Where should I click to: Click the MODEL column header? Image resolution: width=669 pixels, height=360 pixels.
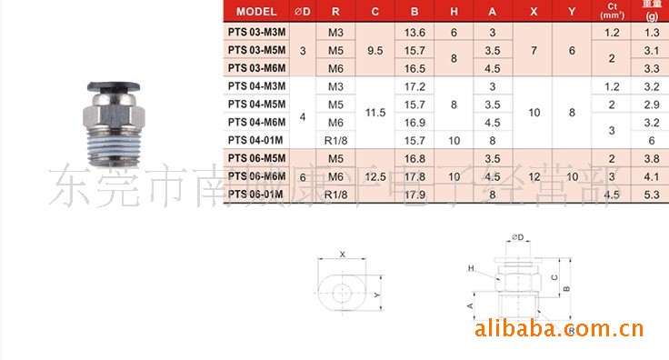point(256,12)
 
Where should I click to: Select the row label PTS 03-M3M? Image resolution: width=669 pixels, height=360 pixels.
point(255,32)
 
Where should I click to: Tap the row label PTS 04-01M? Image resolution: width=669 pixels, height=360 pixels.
point(255,140)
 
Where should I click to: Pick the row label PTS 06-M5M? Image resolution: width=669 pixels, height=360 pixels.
point(255,158)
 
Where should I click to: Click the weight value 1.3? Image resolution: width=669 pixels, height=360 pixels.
point(650,32)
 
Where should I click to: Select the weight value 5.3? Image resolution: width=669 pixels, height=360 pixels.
point(650,194)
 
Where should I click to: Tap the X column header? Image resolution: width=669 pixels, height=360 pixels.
point(534,12)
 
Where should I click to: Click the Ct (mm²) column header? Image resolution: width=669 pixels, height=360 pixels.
point(611,12)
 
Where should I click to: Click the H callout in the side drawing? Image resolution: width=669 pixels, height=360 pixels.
point(472,269)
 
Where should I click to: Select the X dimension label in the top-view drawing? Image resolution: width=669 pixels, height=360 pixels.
point(342,255)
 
